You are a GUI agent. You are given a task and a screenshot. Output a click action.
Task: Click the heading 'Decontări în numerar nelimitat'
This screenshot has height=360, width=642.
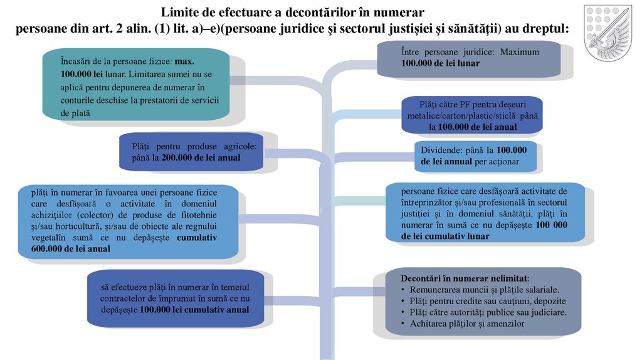tap(465, 278)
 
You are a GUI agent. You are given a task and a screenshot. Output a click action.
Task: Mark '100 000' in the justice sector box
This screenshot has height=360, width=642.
tap(552, 224)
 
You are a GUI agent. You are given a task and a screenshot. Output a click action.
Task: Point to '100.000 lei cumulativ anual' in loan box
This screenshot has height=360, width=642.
tap(194, 310)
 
